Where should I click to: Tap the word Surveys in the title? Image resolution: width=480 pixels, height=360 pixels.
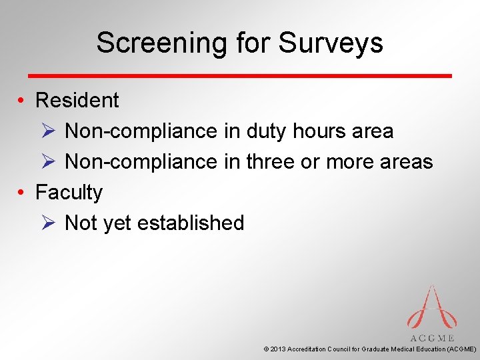click(x=331, y=43)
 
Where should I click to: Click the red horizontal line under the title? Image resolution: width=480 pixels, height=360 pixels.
click(x=239, y=75)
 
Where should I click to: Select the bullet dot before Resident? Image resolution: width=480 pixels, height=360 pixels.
click(x=22, y=101)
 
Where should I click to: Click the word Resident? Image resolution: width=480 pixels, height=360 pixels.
click(x=77, y=101)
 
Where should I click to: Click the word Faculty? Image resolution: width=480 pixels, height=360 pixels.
click(x=69, y=193)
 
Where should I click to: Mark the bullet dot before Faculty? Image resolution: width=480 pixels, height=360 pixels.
click(x=22, y=193)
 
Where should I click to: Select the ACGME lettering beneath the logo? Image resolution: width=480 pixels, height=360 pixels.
click(x=432, y=338)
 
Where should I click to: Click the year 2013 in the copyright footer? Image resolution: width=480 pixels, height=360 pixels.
click(x=278, y=349)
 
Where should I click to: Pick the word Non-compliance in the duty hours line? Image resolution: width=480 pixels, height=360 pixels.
click(x=141, y=131)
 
